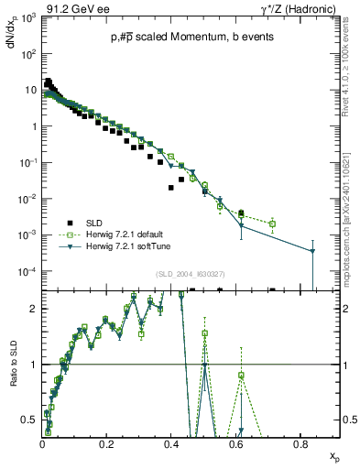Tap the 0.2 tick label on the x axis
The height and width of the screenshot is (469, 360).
(x=107, y=443)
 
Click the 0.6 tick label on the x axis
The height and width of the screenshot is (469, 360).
(x=236, y=443)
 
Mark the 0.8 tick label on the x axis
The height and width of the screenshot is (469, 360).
(x=300, y=443)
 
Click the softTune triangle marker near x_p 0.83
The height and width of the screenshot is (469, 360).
(x=312, y=251)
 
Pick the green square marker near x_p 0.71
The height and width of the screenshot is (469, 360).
(x=272, y=224)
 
